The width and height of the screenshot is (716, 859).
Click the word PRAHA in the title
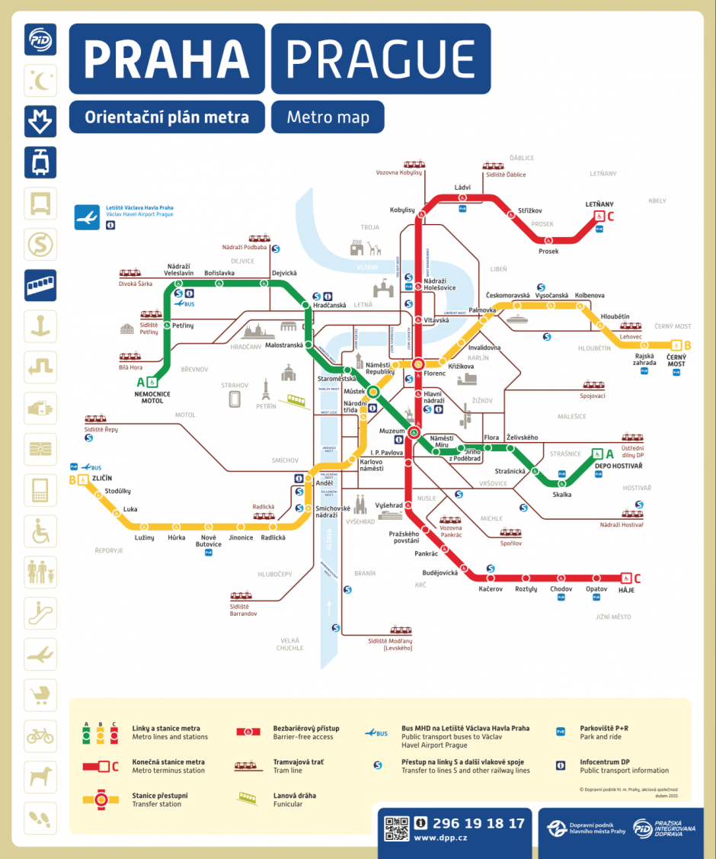click(167, 59)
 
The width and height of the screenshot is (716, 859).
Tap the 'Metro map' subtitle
click(328, 117)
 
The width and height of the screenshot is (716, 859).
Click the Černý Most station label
click(676, 360)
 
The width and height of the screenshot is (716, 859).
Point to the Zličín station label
click(101, 478)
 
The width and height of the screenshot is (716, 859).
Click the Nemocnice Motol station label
click(152, 396)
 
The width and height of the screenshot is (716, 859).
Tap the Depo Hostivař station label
click(619, 466)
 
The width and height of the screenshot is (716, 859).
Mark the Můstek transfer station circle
click(374, 392)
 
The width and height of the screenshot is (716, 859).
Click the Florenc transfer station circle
click(417, 364)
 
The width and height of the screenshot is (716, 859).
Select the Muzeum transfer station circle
click(414, 433)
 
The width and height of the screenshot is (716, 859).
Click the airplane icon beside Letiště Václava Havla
click(87, 217)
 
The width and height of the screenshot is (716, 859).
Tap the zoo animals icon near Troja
click(365, 248)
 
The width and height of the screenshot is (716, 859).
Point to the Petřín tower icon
click(266, 389)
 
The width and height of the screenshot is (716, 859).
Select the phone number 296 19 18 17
click(478, 823)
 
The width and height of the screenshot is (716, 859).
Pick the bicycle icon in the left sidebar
click(40, 736)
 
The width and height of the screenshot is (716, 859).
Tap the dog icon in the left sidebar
click(40, 777)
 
